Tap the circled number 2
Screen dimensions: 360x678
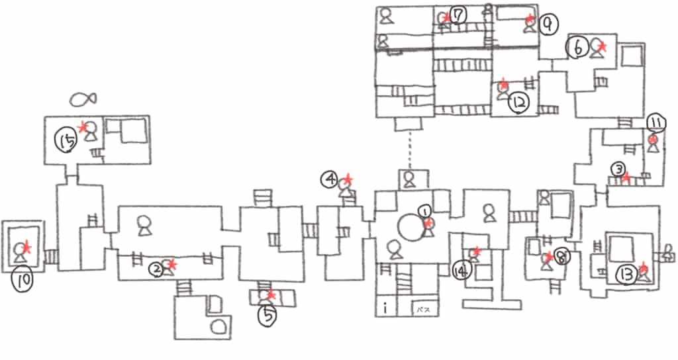click(x=157, y=269)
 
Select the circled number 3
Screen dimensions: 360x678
click(x=616, y=168)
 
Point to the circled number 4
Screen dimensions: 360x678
click(x=330, y=178)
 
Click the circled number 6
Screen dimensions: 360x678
click(x=577, y=47)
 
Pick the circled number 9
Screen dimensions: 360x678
click(x=548, y=24)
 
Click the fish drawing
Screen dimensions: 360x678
click(x=83, y=100)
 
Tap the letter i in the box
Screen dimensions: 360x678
click(x=385, y=308)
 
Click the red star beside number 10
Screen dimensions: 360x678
click(x=26, y=246)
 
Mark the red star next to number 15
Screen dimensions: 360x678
click(x=82, y=126)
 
